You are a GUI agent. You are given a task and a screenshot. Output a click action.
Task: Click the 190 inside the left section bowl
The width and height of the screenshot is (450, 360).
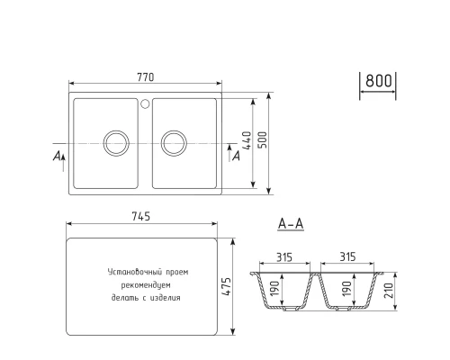tap(277, 290)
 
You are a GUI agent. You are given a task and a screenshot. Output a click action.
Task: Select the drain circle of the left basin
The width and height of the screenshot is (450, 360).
tap(115, 141)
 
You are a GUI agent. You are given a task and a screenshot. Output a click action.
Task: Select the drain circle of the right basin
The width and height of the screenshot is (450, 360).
tap(174, 141)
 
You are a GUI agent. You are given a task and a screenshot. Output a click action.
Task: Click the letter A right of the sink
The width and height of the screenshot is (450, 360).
tap(235, 157)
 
